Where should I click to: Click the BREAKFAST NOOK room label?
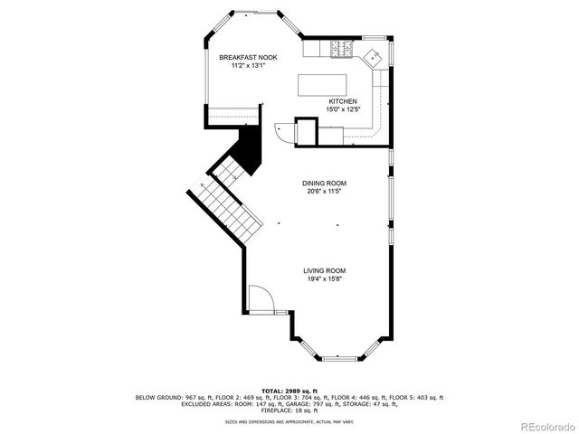pos(248,58)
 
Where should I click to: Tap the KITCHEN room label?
pos(343,101)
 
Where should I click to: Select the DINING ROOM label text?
pos(324,184)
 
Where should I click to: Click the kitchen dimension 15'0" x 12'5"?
pos(343,109)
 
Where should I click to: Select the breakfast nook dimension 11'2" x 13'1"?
pos(248,66)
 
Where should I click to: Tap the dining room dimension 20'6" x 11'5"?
pos(324,192)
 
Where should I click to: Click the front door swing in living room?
pos(259,298)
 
